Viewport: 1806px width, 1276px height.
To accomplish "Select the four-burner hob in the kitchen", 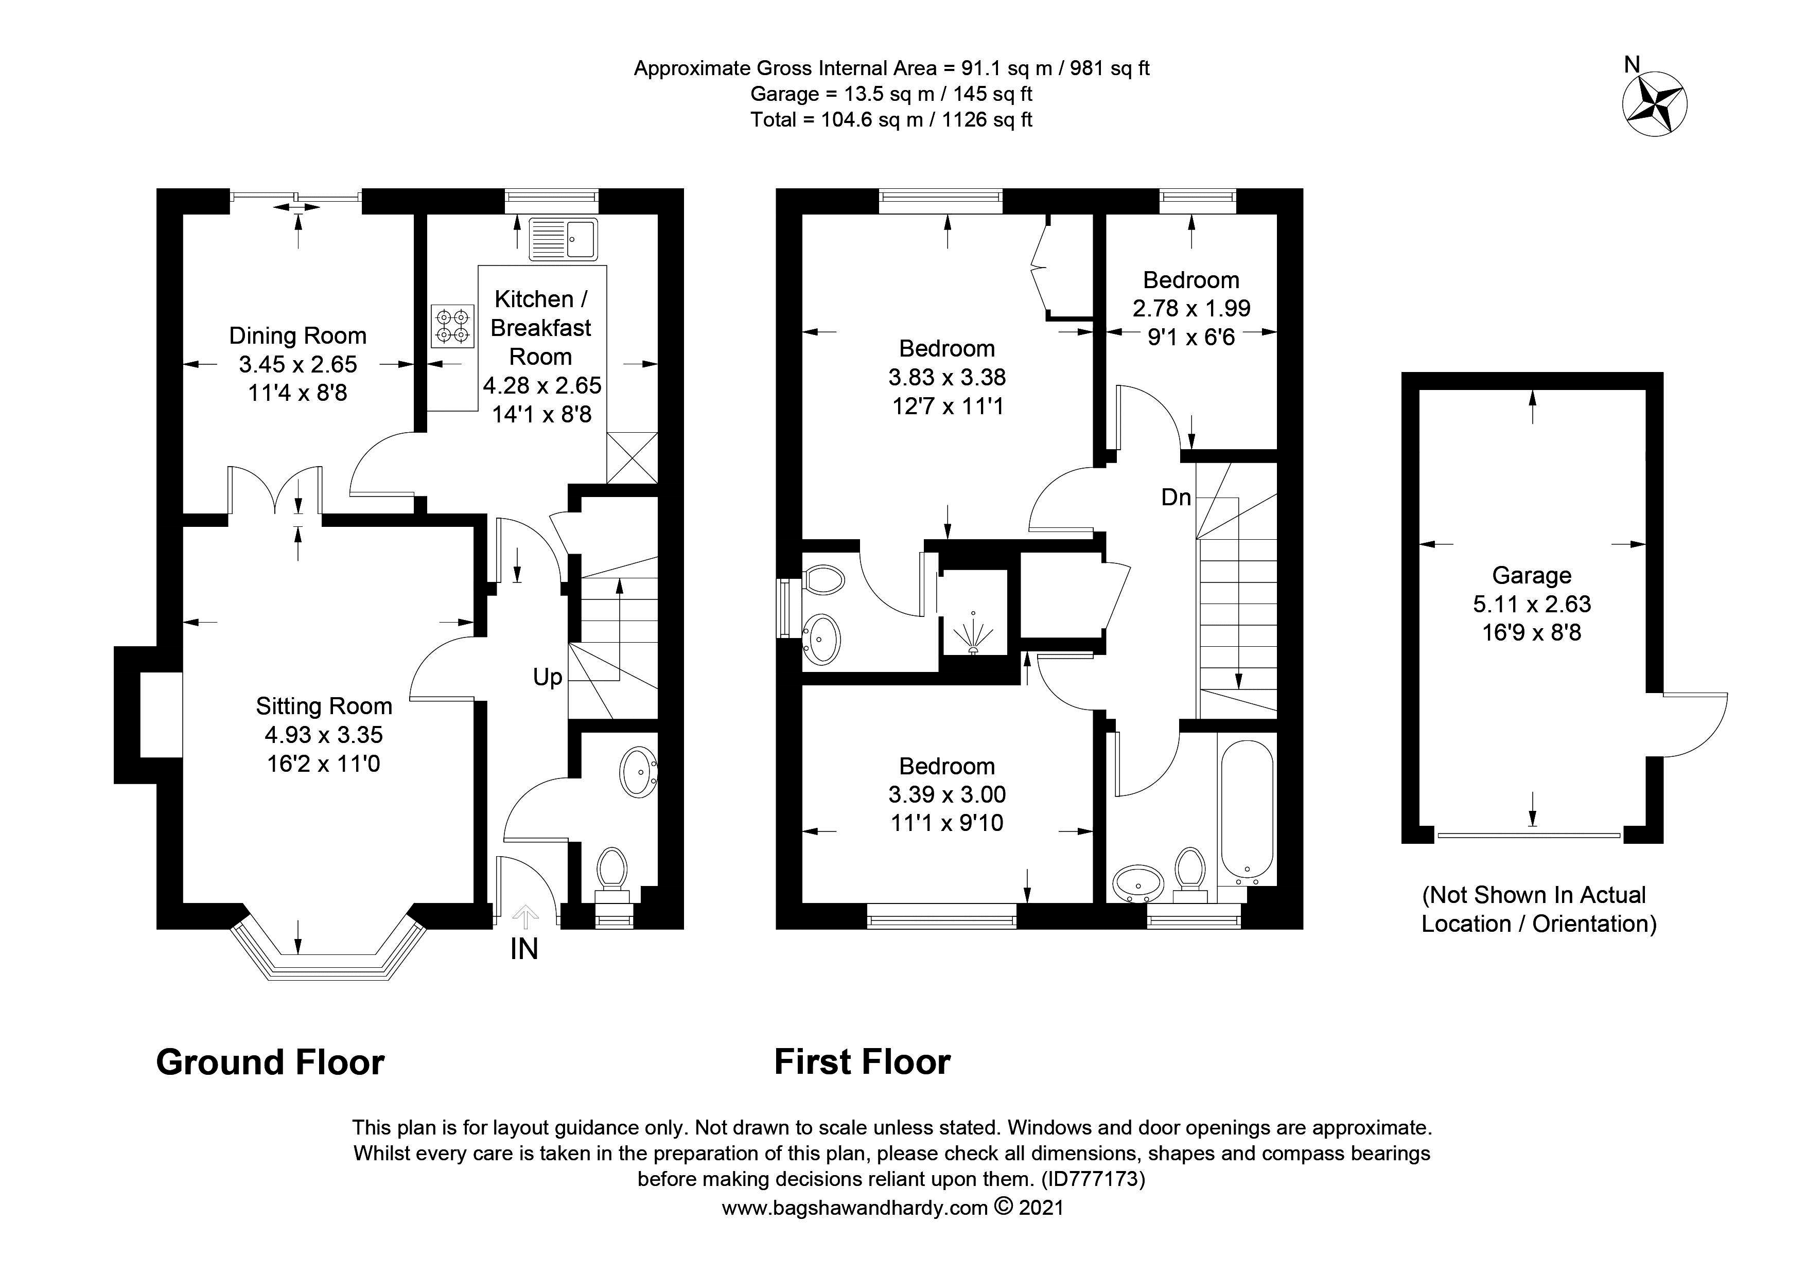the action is coord(453,326).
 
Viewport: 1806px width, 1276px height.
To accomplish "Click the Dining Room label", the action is coord(297,335).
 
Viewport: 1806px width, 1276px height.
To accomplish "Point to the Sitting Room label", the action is coord(323,706).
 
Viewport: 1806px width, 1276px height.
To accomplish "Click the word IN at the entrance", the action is coord(524,950).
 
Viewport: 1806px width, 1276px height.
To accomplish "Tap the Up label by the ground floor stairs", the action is coord(548,677).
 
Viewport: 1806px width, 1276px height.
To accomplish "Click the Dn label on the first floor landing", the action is coord(1176,497).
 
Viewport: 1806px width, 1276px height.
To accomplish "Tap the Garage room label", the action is coord(1532,576).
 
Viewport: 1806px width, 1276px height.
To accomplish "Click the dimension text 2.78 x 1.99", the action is coord(1191,308).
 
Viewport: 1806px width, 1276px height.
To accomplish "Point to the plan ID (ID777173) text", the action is coord(1093,1179).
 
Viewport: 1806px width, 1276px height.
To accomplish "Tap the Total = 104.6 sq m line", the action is coord(891,119).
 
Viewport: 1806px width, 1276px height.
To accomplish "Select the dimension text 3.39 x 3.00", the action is coord(947,795).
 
